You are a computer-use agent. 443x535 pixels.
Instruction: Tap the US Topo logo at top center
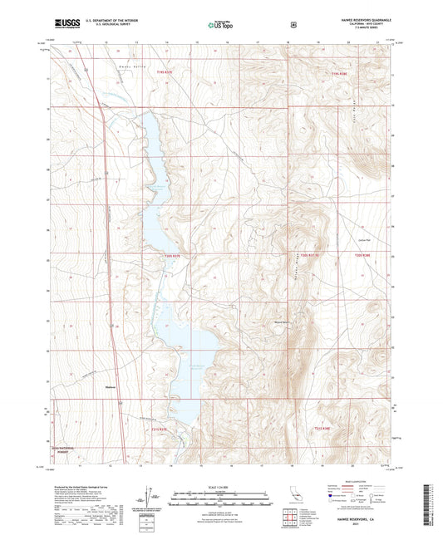[219, 25]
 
